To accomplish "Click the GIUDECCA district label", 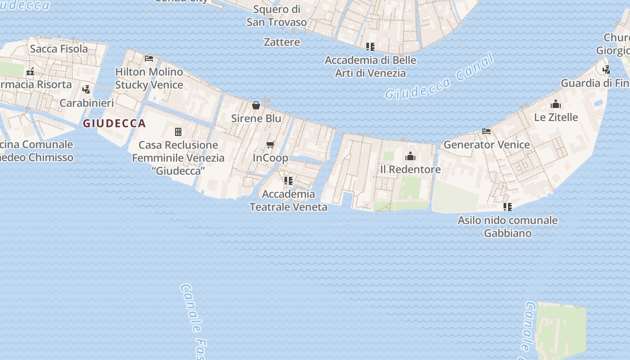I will (114, 123).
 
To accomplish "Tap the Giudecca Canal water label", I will (440, 77).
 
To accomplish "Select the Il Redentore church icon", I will (410, 156).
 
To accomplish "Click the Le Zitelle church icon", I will (556, 104).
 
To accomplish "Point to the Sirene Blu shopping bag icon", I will (256, 105).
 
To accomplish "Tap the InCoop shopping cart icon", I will (270, 144).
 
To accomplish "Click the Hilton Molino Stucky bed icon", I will (149, 58).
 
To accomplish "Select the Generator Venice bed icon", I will (486, 131).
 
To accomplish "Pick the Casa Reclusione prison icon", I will (178, 132).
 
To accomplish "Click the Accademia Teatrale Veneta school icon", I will (288, 181).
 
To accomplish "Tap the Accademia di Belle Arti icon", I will (370, 47).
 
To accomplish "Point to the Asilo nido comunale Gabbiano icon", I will (508, 207).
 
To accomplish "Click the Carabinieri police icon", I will (86, 90).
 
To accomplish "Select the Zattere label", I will (282, 42).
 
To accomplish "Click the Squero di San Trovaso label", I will (277, 15).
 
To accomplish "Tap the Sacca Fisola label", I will (59, 49).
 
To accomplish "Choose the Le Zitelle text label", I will (556, 117).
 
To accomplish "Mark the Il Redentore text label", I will (410, 169).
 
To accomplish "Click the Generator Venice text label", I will (486, 144).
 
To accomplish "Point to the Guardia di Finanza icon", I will (607, 70).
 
